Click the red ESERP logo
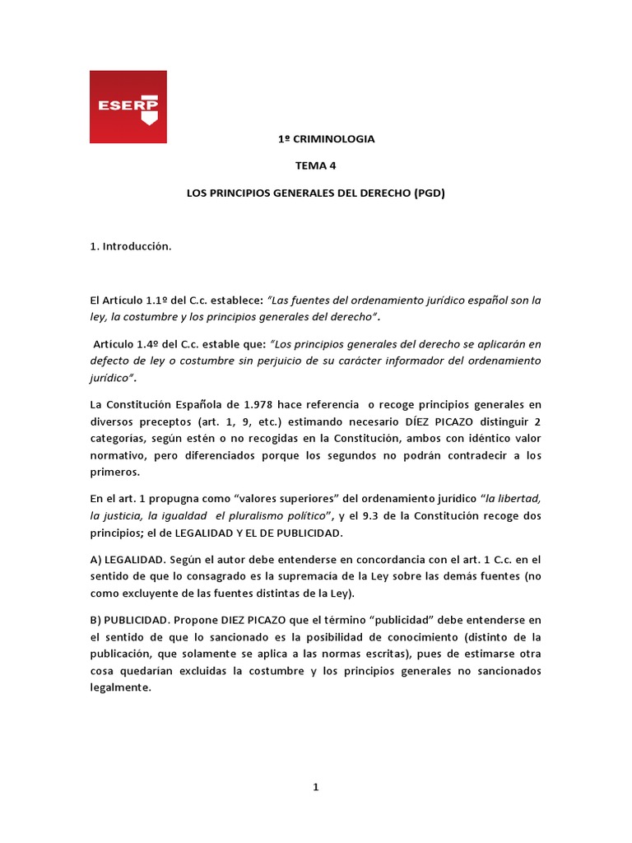point(128,106)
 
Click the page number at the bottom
point(315,788)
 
